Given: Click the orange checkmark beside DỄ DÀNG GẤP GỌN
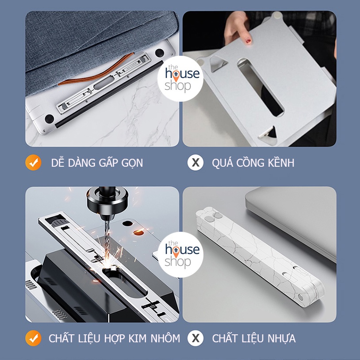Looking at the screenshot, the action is (x=33, y=163).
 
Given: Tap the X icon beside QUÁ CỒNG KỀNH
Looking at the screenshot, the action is (x=195, y=163).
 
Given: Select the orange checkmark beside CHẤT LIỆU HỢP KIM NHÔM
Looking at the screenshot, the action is (x=33, y=338).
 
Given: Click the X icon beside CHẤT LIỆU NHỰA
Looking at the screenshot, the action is (x=195, y=338).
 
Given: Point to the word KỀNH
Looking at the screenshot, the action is (x=281, y=162).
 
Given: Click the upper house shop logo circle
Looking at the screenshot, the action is (x=180, y=79).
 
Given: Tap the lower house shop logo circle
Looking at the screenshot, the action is (x=180, y=254).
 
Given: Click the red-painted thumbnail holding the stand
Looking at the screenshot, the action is (x=249, y=41).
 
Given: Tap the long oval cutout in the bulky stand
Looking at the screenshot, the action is (x=260, y=87).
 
